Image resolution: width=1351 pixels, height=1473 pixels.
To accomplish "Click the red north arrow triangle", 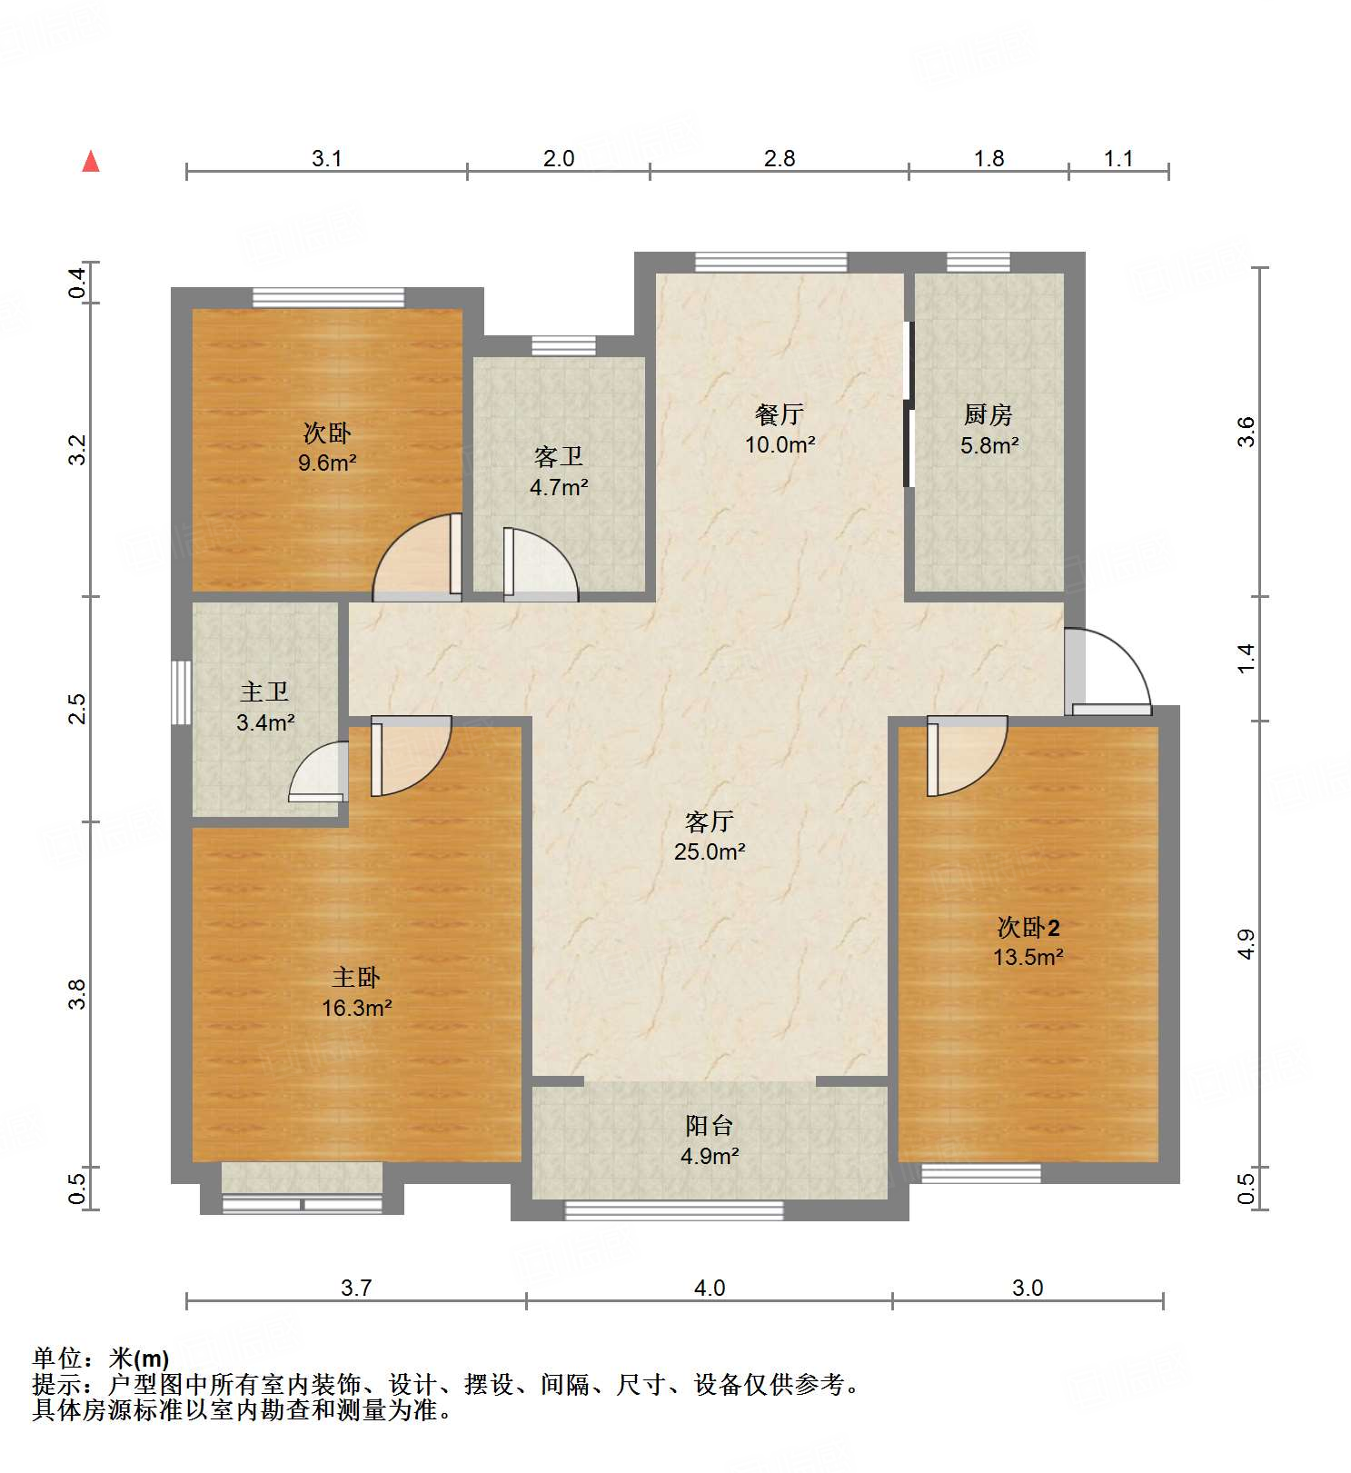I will tap(91, 161).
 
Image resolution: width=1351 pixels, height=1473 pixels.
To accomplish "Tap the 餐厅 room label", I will tap(779, 414).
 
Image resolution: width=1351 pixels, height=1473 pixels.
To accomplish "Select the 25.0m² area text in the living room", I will tap(710, 851).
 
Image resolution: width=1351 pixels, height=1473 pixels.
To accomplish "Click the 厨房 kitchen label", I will tap(988, 414).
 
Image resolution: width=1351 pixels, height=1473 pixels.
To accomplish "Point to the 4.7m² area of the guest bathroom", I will tap(559, 487).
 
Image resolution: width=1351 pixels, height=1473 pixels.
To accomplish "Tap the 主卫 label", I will tap(264, 692).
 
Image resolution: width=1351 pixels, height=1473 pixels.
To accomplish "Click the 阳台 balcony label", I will tap(709, 1126).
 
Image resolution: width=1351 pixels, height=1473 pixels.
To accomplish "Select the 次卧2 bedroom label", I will tap(1028, 928).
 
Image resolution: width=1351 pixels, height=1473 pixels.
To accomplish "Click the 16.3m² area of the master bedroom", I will tap(356, 1008).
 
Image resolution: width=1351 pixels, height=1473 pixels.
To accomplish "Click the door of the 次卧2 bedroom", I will tap(965, 754).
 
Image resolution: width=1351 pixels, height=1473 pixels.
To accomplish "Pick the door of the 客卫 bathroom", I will tap(540, 564).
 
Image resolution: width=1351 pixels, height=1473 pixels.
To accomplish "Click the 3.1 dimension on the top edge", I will tap(326, 158).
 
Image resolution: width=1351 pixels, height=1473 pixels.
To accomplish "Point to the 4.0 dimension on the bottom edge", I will tap(709, 1288).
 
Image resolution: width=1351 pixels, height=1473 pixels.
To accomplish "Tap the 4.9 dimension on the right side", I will tap(1246, 943).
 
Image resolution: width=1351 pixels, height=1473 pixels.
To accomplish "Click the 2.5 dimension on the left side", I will tap(78, 709).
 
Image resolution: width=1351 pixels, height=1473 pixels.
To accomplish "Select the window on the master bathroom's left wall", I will tap(181, 692).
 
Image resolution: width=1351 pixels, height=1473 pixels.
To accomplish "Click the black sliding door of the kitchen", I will tap(908, 404).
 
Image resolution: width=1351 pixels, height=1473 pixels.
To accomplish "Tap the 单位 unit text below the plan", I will tap(58, 1359).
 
